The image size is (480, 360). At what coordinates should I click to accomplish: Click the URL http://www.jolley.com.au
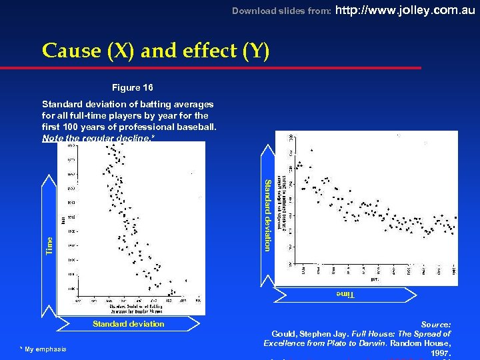point(407,10)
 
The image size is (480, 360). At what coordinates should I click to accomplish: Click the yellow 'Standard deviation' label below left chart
point(128,324)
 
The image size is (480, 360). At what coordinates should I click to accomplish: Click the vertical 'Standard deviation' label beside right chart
point(267,215)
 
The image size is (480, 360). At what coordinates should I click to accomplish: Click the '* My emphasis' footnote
point(43,349)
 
